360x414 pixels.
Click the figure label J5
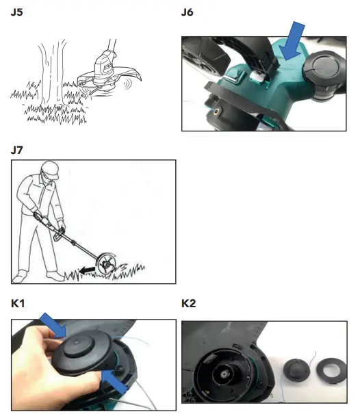18,12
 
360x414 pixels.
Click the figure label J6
188,12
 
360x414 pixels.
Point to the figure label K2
189,303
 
